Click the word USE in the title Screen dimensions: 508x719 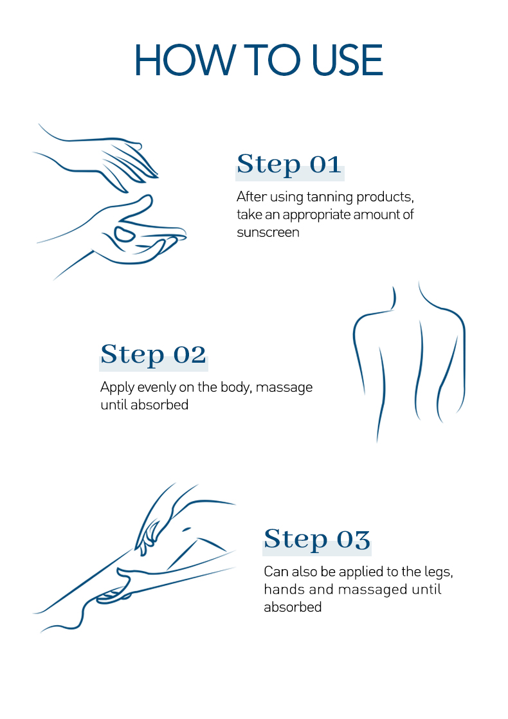click(x=347, y=60)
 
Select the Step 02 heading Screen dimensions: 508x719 click(x=153, y=354)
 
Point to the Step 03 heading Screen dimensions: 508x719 click(x=317, y=539)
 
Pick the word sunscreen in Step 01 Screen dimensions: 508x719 click(x=268, y=232)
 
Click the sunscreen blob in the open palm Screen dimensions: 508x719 click(x=124, y=234)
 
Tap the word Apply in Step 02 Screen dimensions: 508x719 click(x=117, y=388)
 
